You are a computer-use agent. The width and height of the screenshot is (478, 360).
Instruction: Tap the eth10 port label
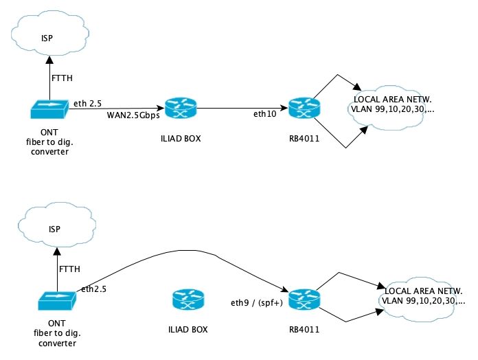(x=264, y=114)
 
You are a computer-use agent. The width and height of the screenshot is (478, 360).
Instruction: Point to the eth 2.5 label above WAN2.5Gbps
(x=87, y=104)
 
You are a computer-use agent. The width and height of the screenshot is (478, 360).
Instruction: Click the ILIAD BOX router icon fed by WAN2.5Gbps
(x=181, y=108)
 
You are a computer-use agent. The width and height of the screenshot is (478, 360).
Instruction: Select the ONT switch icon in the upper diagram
(x=49, y=109)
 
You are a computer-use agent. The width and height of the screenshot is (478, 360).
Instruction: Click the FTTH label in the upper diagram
(x=62, y=78)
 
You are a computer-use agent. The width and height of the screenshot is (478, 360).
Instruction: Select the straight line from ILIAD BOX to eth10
(x=240, y=108)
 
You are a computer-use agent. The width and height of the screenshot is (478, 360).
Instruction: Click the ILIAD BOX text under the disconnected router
(x=187, y=329)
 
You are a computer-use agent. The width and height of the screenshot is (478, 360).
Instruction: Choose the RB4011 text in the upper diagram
(x=302, y=137)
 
